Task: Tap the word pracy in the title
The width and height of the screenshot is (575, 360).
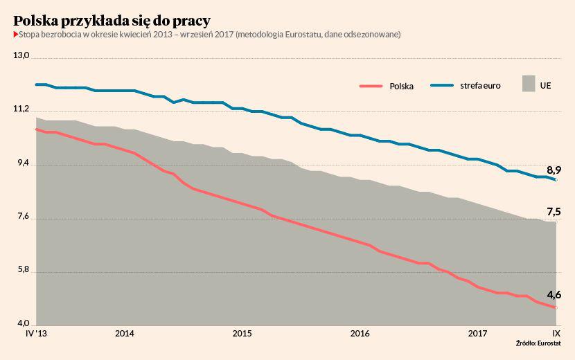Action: coord(189,21)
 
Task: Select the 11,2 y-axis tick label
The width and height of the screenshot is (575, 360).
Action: coord(22,109)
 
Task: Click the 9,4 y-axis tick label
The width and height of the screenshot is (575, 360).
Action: coord(22,163)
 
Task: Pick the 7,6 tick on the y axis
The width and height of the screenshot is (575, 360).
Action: coord(22,217)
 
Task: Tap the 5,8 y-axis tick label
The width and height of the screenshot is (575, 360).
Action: coord(22,270)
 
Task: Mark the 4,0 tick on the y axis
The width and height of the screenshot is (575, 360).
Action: coord(22,324)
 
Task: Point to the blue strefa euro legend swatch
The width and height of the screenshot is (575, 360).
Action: coord(442,86)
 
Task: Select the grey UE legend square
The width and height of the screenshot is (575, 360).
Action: coord(529,84)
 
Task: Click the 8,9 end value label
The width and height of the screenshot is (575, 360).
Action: coord(554,170)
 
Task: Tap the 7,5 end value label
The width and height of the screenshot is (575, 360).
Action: coord(554,212)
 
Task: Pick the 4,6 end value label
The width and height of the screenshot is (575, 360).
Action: coord(554,296)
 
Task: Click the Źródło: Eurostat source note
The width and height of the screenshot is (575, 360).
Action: coord(538,344)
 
